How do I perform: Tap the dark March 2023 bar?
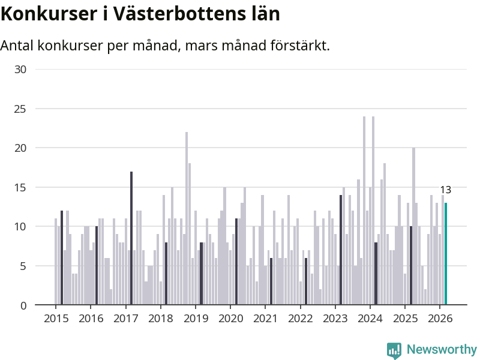[341, 250]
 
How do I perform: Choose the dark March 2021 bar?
[271, 281]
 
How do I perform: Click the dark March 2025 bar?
[411, 266]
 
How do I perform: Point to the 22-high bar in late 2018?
[187, 218]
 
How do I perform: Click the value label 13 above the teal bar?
[445, 190]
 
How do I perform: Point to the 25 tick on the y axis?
[21, 109]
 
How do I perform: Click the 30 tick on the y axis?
[21, 70]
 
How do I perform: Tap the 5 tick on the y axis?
[24, 266]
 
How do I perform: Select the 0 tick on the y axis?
[24, 305]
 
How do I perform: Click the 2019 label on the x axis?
[195, 318]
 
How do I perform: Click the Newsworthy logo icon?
[394, 350]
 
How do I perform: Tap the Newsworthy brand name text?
[442, 349]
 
